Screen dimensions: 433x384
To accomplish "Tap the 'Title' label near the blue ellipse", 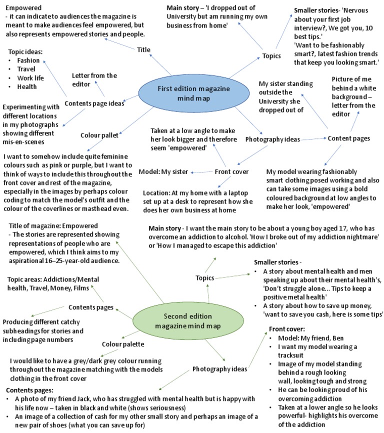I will pyautogui.click(x=142, y=49).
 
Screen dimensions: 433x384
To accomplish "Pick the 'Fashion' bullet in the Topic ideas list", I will pyautogui.click(x=28, y=60).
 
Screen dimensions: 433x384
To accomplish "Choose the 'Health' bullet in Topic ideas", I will pyautogui.click(x=27, y=86).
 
